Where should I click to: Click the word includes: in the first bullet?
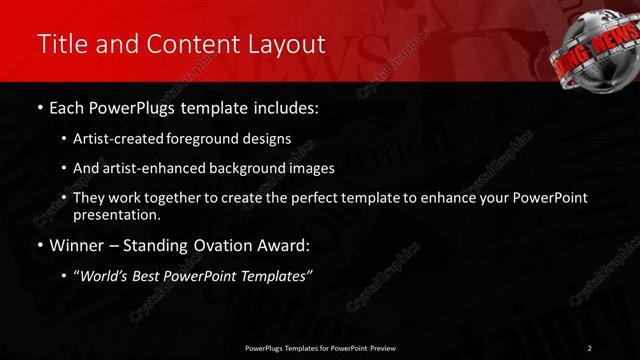284,107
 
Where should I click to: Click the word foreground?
203,139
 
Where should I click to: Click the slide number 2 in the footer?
590,347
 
